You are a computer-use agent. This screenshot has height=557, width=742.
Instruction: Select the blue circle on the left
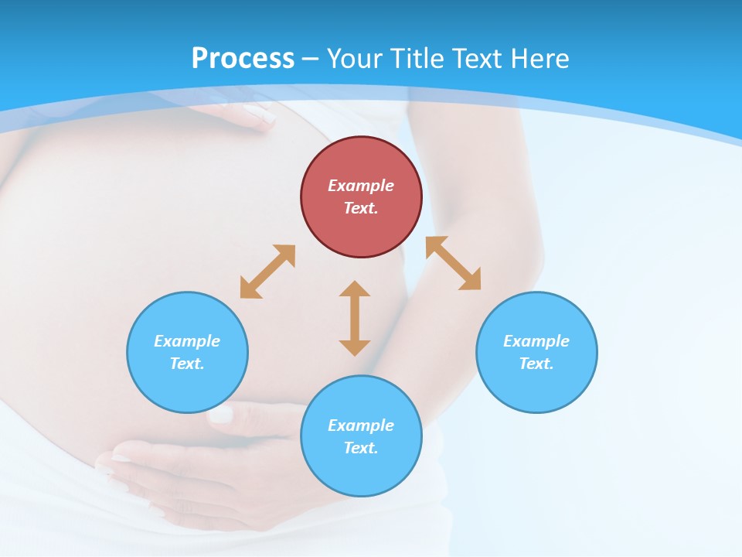[x=187, y=352]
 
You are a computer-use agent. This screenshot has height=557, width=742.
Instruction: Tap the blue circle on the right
[x=536, y=352]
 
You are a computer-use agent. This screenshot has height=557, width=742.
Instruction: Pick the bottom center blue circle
[x=361, y=436]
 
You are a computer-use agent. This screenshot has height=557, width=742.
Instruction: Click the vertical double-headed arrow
[x=355, y=318]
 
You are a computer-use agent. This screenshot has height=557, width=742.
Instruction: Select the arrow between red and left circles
[x=267, y=272]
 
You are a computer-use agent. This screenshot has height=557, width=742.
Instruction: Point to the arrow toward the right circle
[x=454, y=263]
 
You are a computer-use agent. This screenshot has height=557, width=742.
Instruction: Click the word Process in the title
[x=243, y=58]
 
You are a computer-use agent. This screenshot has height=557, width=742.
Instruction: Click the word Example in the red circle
[x=361, y=186]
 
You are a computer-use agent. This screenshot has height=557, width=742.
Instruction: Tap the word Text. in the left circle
[x=187, y=364]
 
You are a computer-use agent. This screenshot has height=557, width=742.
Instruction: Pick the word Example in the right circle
[x=536, y=341]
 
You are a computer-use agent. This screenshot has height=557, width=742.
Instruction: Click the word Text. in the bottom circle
[x=361, y=448]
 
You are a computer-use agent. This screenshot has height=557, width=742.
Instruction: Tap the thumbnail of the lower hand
[x=221, y=415]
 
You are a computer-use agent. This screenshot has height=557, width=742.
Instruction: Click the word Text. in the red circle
[x=361, y=208]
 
